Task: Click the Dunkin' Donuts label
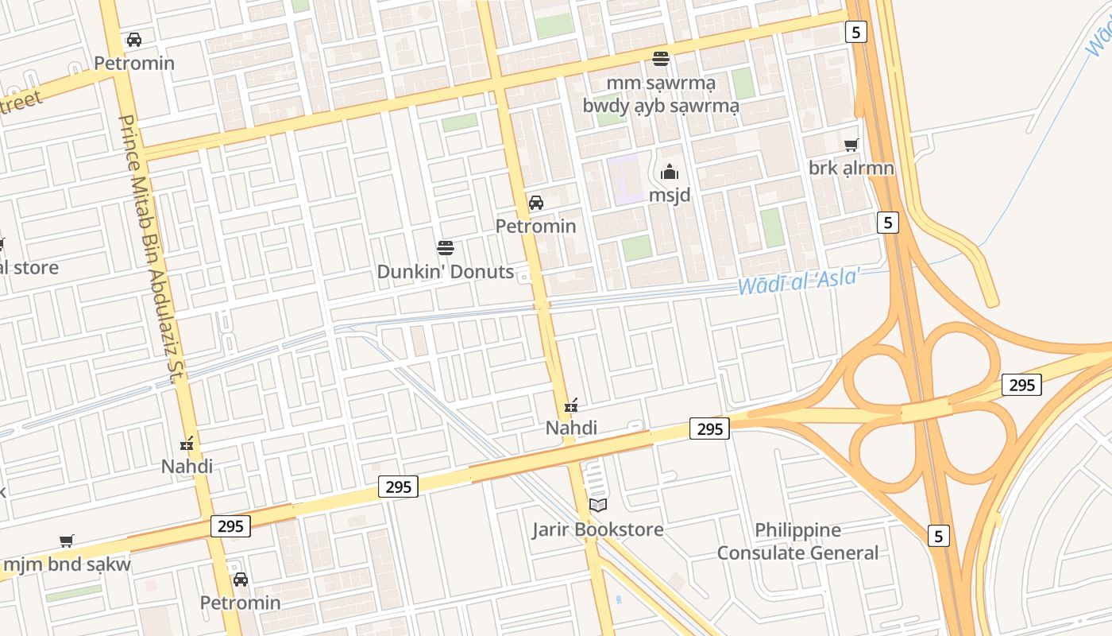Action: pyautogui.click(x=445, y=271)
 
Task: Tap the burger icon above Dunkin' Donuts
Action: pyautogui.click(x=446, y=247)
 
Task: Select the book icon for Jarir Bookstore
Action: pyautogui.click(x=598, y=505)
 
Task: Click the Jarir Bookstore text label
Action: pyautogui.click(x=598, y=529)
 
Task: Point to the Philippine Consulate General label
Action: pyautogui.click(x=797, y=541)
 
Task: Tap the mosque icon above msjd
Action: pyautogui.click(x=670, y=172)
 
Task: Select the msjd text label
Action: pyautogui.click(x=670, y=196)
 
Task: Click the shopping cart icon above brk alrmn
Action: pyautogui.click(x=851, y=145)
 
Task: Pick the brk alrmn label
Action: pyautogui.click(x=851, y=169)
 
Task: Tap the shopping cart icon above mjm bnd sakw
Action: pyautogui.click(x=67, y=541)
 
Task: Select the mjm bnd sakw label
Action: pyautogui.click(x=67, y=565)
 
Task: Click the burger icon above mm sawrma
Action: pyautogui.click(x=661, y=58)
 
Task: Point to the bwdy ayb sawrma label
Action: pyautogui.click(x=661, y=106)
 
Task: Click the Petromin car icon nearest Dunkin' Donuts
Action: pyautogui.click(x=536, y=203)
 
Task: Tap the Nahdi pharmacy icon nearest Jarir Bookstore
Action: pyautogui.click(x=570, y=405)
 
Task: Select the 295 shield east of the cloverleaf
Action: pyautogui.click(x=1021, y=385)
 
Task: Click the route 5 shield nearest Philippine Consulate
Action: pyautogui.click(x=938, y=536)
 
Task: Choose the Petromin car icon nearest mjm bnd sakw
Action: pyautogui.click(x=240, y=580)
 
